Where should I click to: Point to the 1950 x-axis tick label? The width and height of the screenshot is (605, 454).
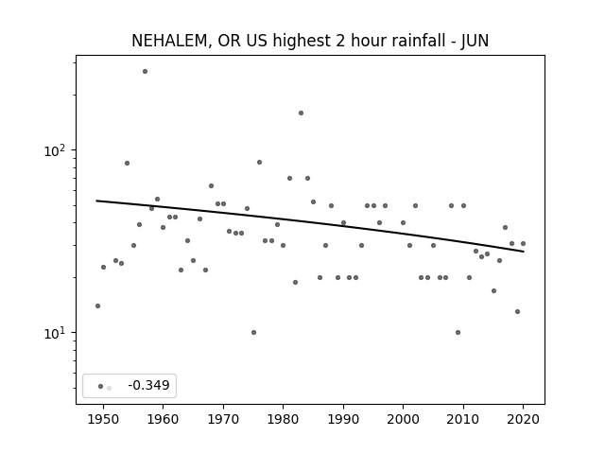pyautogui.click(x=103, y=420)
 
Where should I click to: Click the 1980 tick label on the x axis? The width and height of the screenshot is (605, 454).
pyautogui.click(x=283, y=420)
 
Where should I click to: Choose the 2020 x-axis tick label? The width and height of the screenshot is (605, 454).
pyautogui.click(x=523, y=420)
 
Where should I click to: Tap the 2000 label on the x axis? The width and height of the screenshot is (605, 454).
pyautogui.click(x=403, y=420)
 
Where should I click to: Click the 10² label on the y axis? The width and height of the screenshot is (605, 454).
pyautogui.click(x=56, y=149)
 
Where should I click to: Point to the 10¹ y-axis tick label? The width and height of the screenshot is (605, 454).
pyautogui.click(x=56, y=333)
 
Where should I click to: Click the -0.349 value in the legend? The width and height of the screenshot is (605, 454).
pyautogui.click(x=149, y=385)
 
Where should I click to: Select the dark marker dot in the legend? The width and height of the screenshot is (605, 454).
pyautogui.click(x=101, y=386)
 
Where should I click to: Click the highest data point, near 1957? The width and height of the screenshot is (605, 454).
pyautogui.click(x=145, y=72)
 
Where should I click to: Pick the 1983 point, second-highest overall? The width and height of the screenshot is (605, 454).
pyautogui.click(x=301, y=113)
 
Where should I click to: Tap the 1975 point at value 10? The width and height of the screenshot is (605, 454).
pyautogui.click(x=253, y=332)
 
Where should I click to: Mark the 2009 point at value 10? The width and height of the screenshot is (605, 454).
pyautogui.click(x=458, y=332)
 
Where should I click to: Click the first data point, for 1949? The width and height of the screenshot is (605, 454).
pyautogui.click(x=97, y=306)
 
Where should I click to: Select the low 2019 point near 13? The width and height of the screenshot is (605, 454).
pyautogui.click(x=517, y=311)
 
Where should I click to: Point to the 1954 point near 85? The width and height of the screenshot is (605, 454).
pyautogui.click(x=127, y=164)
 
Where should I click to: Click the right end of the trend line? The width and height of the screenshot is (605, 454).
pyautogui.click(x=524, y=252)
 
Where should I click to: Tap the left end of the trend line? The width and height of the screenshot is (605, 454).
pyautogui.click(x=96, y=201)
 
